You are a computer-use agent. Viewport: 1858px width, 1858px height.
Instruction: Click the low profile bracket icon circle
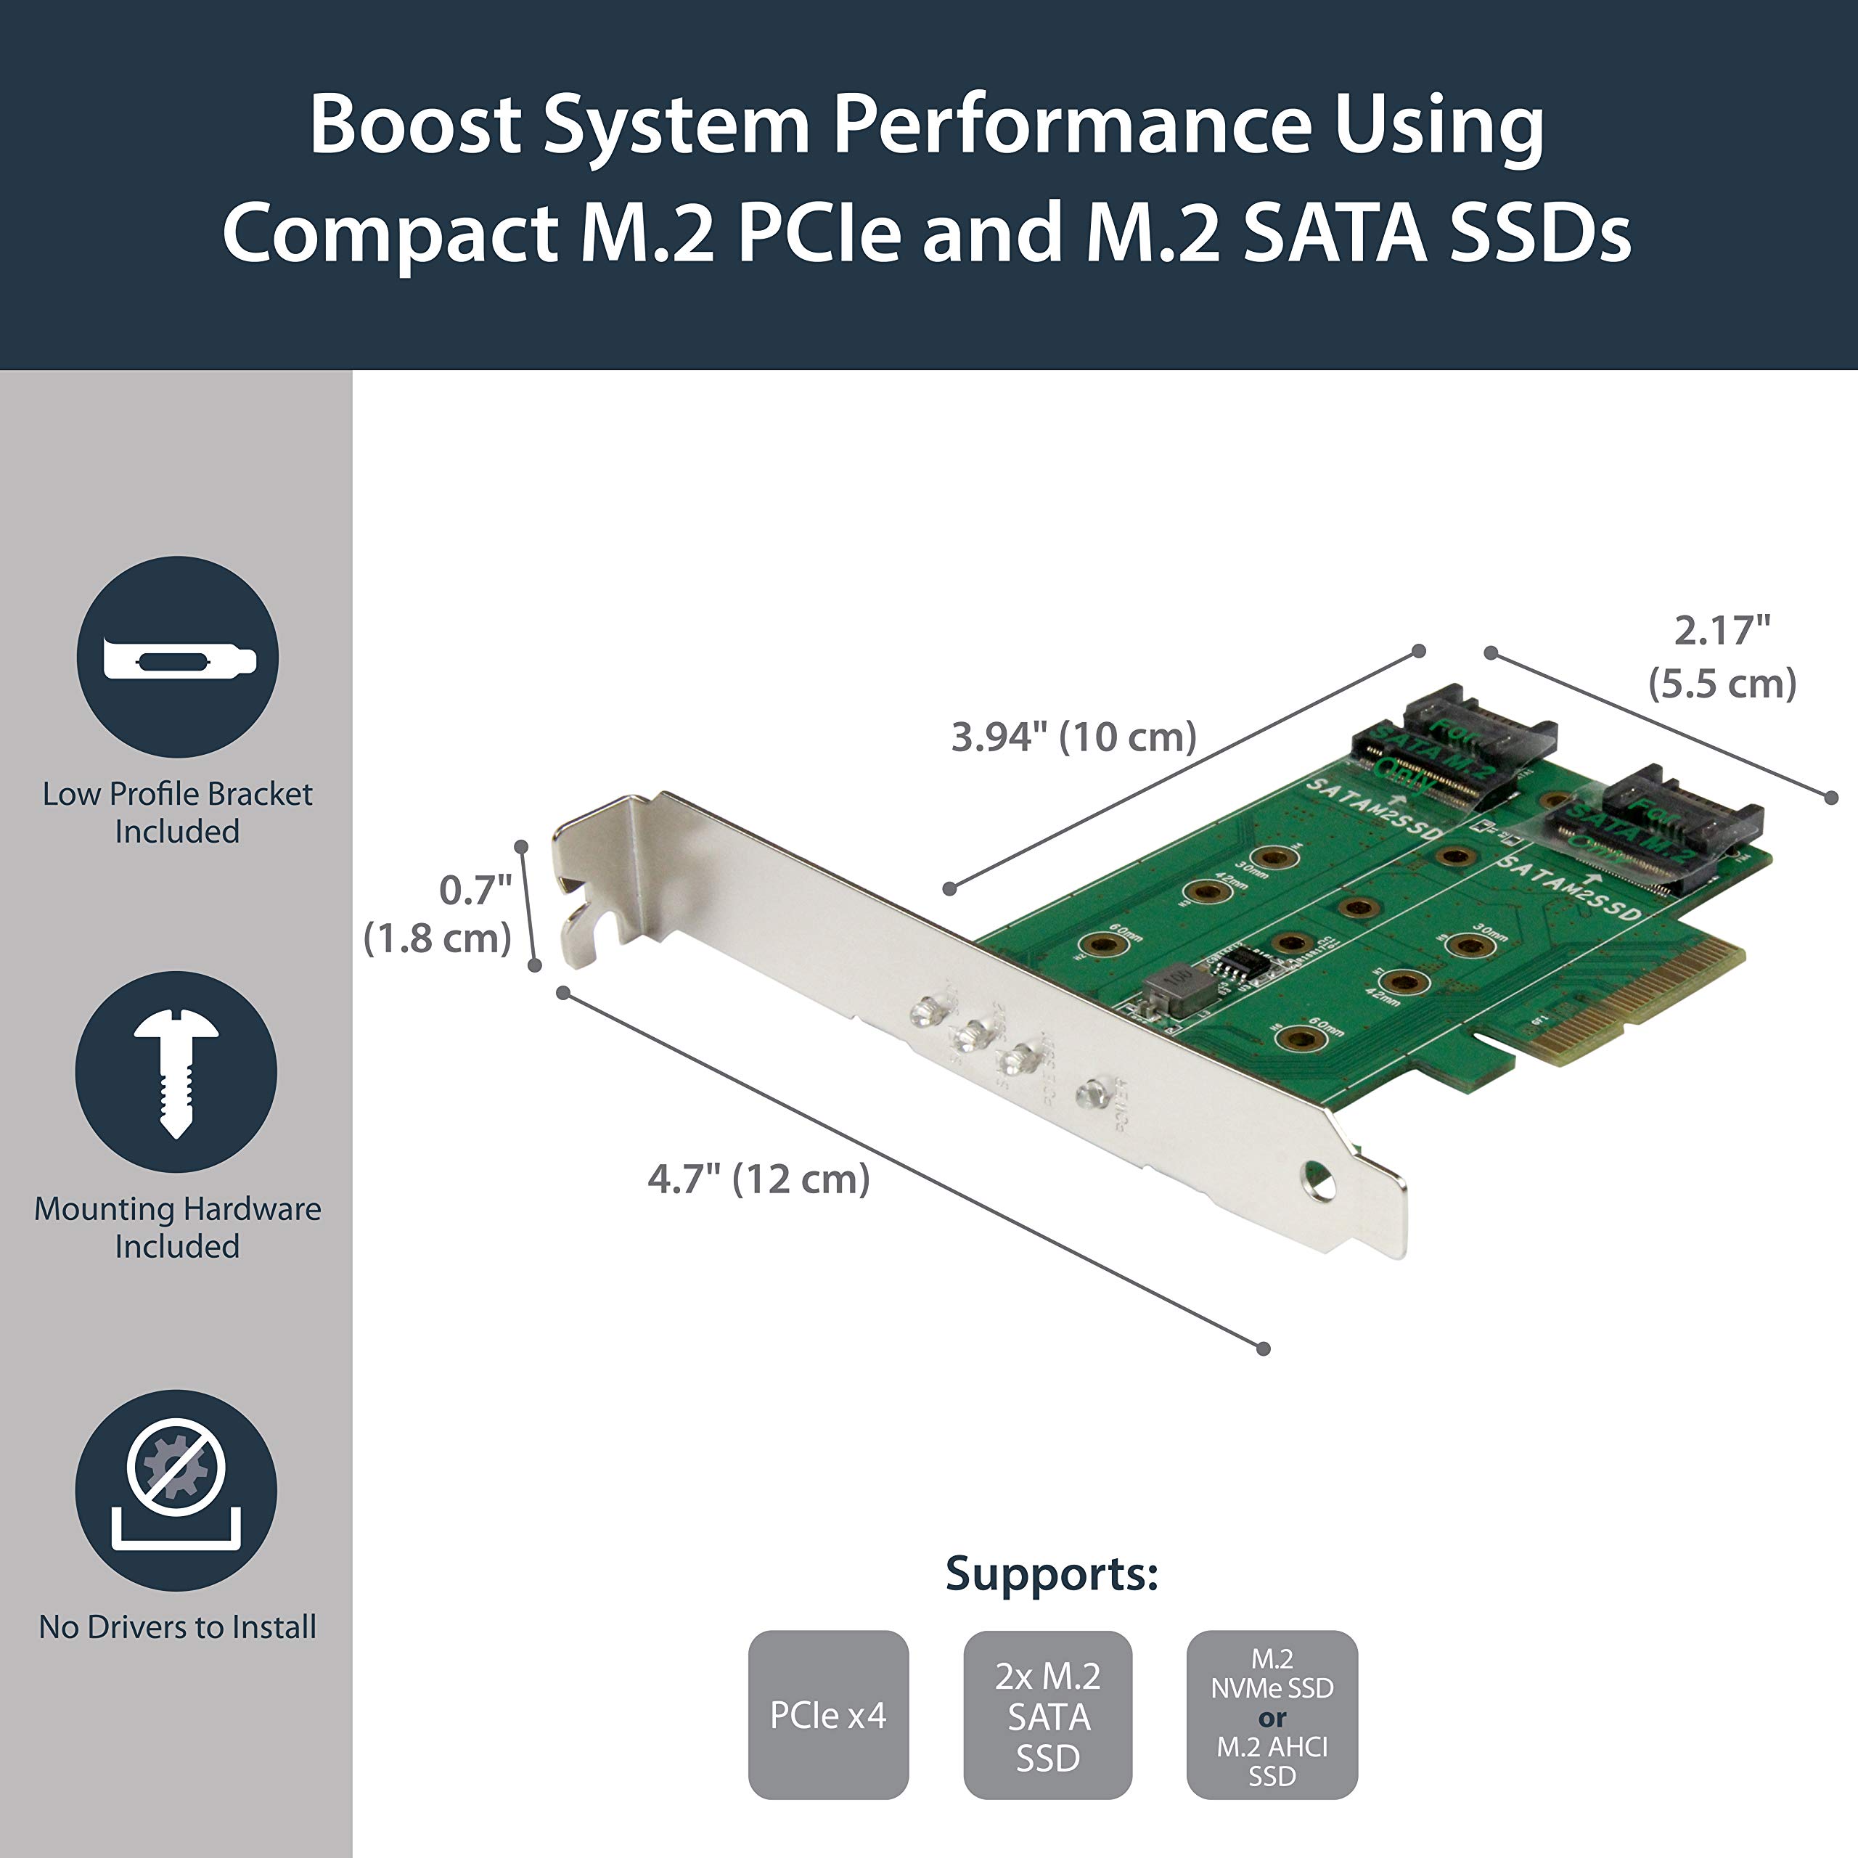(x=178, y=657)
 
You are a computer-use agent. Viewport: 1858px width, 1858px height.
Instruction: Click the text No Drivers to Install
(x=177, y=1626)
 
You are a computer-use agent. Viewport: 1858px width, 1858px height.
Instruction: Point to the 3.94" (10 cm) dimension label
(x=1073, y=737)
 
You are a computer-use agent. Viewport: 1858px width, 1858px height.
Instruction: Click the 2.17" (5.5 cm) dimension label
(x=1722, y=657)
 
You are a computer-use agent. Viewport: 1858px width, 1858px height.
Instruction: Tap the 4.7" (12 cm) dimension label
(x=758, y=1179)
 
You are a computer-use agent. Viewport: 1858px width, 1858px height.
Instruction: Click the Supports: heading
(x=1052, y=1574)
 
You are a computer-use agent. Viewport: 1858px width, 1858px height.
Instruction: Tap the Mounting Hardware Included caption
(x=177, y=1227)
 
